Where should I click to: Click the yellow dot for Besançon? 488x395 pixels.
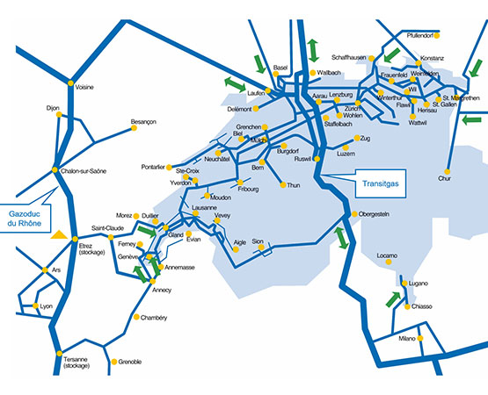(135, 128)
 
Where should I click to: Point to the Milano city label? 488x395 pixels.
(405, 338)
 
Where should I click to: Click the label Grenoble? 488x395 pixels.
(130, 362)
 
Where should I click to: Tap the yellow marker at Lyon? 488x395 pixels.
(36, 305)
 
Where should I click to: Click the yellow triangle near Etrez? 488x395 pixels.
(58, 235)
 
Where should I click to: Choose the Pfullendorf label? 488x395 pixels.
(421, 36)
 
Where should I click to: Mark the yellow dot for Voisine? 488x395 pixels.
(71, 83)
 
